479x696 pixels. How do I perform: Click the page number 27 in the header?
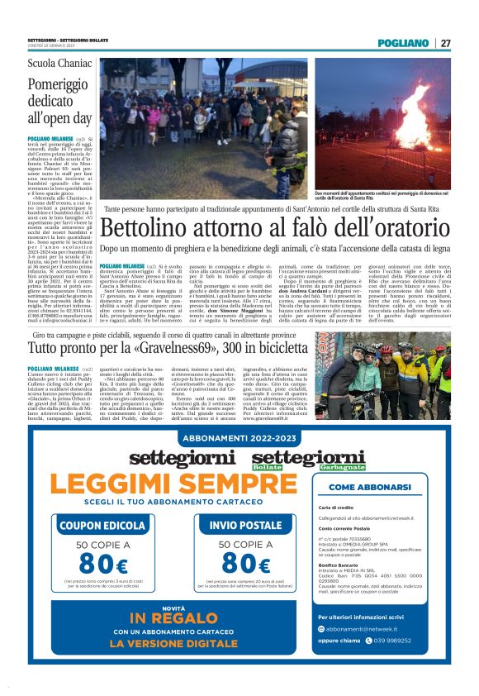[x=445, y=43]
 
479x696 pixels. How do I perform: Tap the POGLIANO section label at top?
[x=403, y=43]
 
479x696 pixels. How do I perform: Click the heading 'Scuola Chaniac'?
[x=59, y=64]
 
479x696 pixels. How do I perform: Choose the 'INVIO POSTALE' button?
[x=222, y=525]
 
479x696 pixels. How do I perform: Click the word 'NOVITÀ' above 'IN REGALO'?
[x=162, y=608]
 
